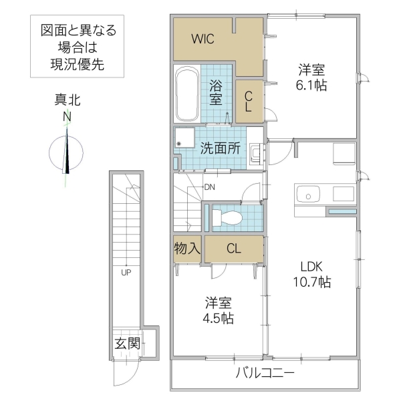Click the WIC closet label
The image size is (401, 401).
[203, 39]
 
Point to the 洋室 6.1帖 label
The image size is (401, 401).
[311, 78]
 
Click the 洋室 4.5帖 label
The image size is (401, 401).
[219, 309]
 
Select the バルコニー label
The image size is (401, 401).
[265, 372]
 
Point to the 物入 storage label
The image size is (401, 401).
[188, 249]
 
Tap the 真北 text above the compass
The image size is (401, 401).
[68, 101]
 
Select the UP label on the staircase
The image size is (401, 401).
[126, 272]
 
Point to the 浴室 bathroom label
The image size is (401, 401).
[216, 92]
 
